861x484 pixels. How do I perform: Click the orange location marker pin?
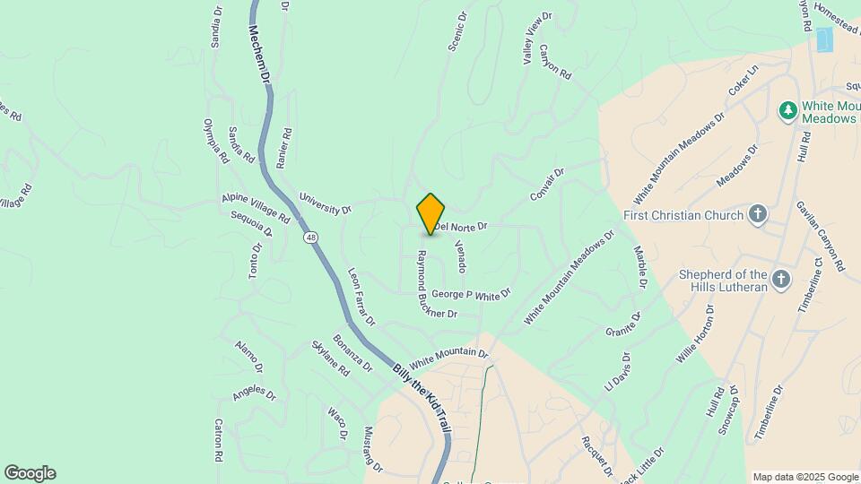431,213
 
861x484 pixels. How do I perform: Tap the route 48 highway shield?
310,238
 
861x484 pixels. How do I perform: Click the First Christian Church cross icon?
759,214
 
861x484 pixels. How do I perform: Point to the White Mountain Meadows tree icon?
787,110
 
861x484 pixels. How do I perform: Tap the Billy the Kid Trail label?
421,398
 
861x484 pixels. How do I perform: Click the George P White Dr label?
470,294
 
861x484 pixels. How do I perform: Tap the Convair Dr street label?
546,184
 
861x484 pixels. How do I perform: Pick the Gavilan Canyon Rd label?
821,236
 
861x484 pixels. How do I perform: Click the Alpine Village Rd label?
256,208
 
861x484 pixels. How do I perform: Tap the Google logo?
30,473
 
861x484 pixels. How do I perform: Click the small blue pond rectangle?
823,40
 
